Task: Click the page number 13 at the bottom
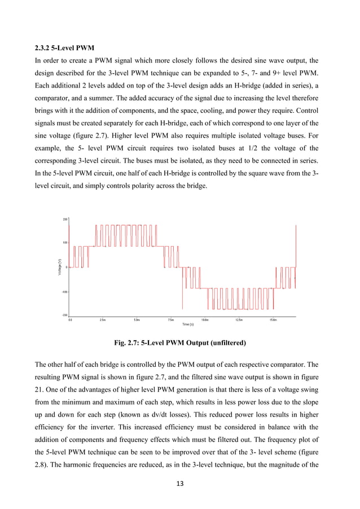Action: click(179, 484)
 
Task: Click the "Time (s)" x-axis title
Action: click(188, 324)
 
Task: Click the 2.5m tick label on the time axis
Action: click(103, 319)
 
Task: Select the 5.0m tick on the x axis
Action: click(137, 319)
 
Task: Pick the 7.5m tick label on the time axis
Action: click(171, 319)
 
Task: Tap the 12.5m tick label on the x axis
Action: click(239, 319)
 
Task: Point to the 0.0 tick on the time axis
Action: click(70, 319)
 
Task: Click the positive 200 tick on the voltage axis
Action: click(65, 219)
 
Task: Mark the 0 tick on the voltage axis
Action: click(67, 267)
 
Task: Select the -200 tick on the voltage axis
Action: click(64, 315)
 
